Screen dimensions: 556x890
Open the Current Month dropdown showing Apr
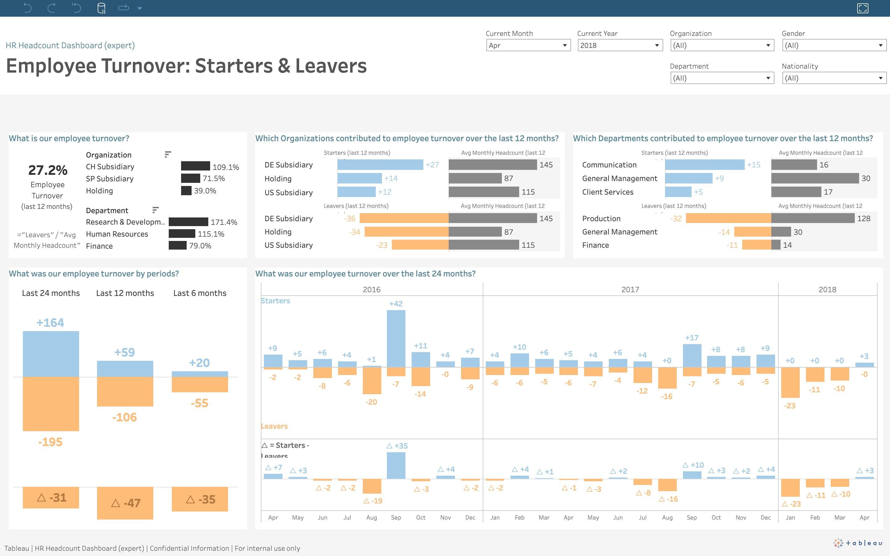point(528,45)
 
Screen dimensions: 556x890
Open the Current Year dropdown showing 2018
point(620,45)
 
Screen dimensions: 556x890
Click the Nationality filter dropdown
point(833,78)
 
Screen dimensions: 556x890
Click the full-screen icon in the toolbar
point(862,8)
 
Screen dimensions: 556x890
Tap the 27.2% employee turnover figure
point(48,170)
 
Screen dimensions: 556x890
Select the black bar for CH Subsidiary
point(195,166)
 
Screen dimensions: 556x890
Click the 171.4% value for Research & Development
point(224,222)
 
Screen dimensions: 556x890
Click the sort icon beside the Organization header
point(168,154)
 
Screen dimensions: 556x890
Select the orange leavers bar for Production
point(728,218)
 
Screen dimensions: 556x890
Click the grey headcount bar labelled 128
point(812,218)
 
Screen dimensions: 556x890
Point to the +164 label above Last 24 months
point(50,323)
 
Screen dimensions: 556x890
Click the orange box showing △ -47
point(125,503)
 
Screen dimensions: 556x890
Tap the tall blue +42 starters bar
point(396,338)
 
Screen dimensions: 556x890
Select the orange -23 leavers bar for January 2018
point(790,382)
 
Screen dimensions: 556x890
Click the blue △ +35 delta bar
point(396,465)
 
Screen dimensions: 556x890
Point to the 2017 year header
point(630,290)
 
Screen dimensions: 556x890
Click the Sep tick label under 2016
point(396,517)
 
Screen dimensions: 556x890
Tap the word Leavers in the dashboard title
point(331,66)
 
